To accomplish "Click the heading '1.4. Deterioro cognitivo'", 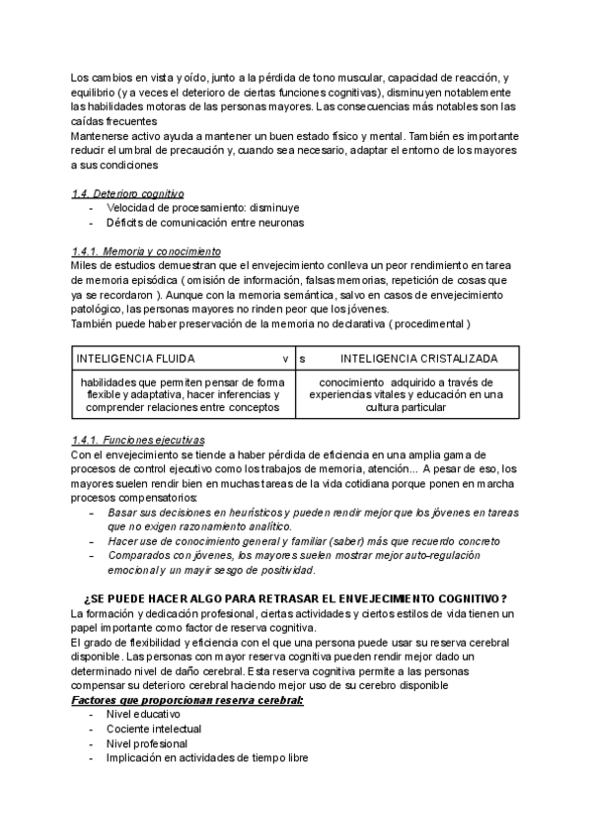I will click(128, 193).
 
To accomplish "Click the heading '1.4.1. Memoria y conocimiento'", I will click(147, 251).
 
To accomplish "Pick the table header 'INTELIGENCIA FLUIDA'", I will click(135, 358).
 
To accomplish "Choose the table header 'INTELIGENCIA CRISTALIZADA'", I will click(419, 358).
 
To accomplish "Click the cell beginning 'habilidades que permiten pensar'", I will click(181, 394).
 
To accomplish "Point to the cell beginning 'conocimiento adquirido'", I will click(406, 394).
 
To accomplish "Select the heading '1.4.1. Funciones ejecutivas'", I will click(139, 440).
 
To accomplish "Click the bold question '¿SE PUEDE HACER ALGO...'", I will click(296, 598).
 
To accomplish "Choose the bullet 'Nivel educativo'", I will click(143, 715).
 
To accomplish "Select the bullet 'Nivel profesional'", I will click(146, 743).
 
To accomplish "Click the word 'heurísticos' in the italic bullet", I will click(250, 513).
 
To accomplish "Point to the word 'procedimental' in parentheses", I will click(426, 323).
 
